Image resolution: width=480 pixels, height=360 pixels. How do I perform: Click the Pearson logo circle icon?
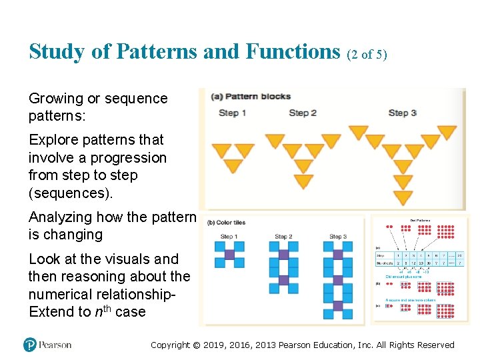30,345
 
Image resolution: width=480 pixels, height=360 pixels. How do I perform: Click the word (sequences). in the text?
70,193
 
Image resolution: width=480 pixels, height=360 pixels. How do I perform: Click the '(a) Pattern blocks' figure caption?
251,97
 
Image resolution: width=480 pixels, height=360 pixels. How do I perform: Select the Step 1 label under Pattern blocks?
233,113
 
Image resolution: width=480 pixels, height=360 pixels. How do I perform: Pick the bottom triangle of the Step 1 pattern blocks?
233,165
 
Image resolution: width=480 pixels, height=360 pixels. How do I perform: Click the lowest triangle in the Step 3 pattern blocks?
403,198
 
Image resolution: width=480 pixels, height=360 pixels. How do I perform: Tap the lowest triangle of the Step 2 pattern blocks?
303,181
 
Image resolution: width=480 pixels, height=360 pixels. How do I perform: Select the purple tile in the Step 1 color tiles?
229,254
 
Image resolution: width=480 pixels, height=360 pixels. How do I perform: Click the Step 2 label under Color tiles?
283,237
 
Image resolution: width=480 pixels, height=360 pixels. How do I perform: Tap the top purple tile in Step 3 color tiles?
338,254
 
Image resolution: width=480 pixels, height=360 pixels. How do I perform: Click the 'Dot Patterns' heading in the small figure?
420,219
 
